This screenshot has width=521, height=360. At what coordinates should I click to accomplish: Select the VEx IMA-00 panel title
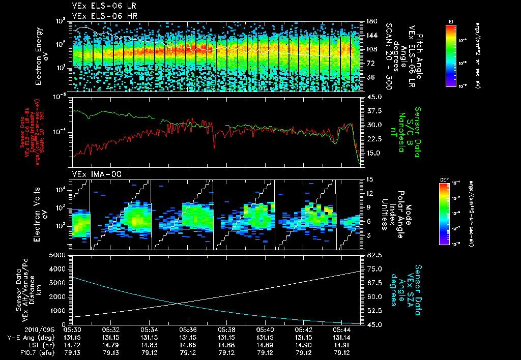click(93, 174)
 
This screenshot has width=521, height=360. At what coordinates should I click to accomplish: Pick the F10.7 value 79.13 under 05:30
click(72, 352)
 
